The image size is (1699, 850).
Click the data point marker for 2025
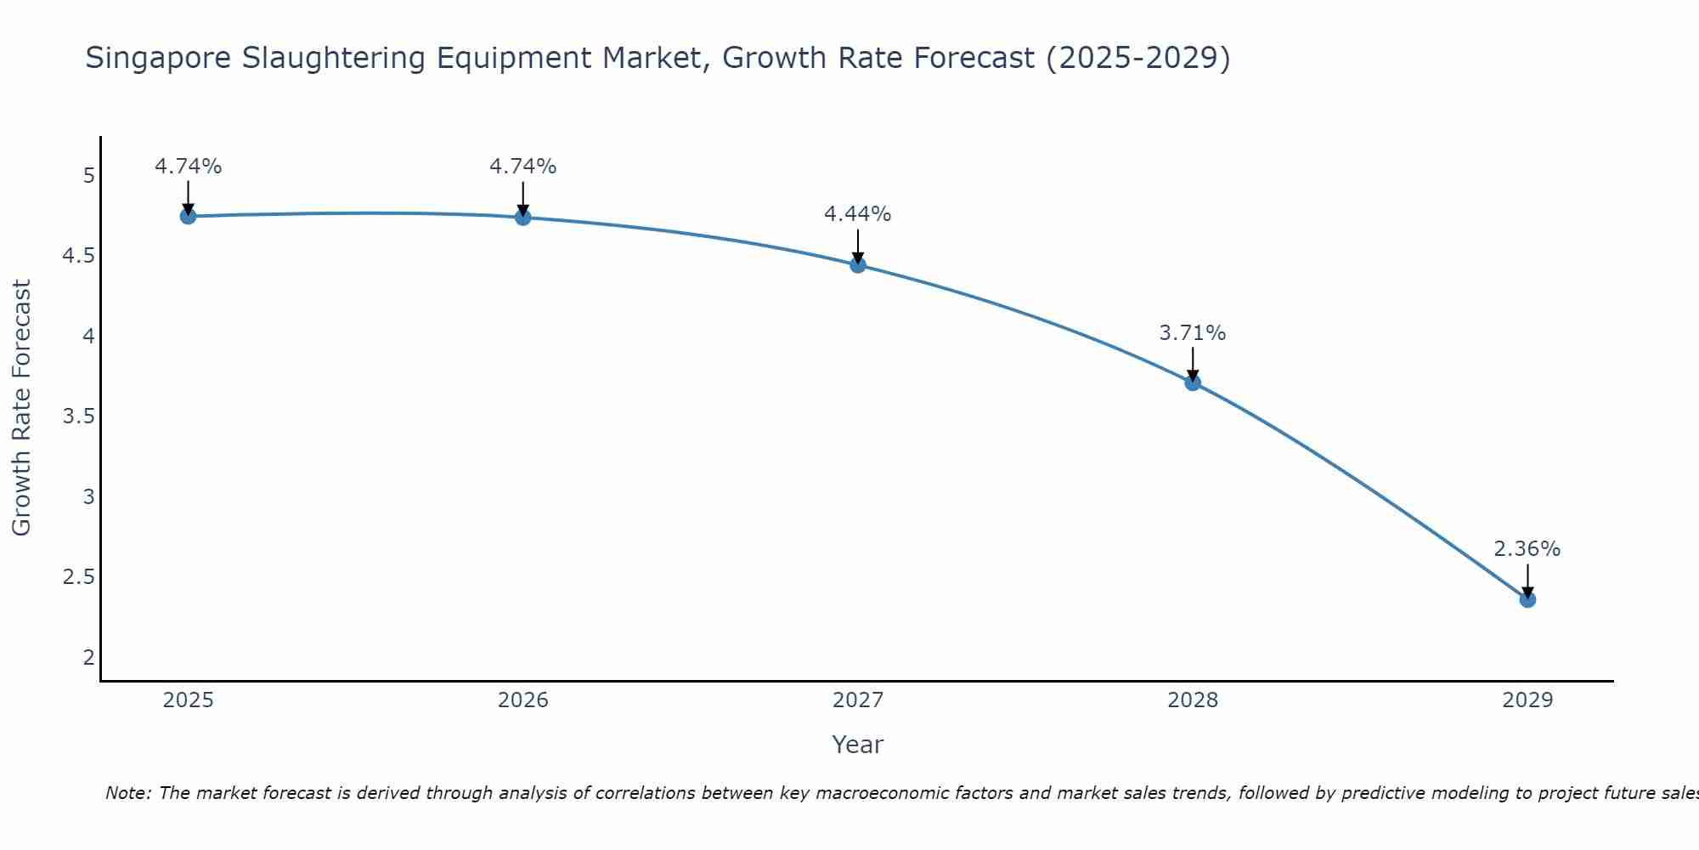(x=189, y=216)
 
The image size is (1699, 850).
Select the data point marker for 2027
(x=858, y=265)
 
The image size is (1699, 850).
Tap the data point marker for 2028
(x=1193, y=382)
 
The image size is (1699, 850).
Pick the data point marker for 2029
(x=1527, y=599)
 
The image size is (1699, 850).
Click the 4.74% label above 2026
(x=522, y=167)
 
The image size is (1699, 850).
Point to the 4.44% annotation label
(x=857, y=214)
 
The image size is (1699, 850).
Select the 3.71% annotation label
(x=1192, y=333)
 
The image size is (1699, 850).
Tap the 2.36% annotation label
(x=1527, y=549)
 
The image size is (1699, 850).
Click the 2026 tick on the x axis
(x=523, y=700)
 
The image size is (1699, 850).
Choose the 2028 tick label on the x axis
(x=1193, y=700)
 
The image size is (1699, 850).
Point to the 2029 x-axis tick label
(x=1527, y=700)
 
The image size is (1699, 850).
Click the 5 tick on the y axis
(x=88, y=176)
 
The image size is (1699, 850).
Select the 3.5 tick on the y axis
(x=79, y=416)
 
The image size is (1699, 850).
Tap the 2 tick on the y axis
(x=88, y=657)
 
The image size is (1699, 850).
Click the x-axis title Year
(x=857, y=745)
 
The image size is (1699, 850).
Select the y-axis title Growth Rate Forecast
(x=21, y=408)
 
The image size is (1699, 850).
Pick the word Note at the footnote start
(x=127, y=793)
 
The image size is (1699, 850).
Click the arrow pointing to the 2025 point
(x=189, y=197)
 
